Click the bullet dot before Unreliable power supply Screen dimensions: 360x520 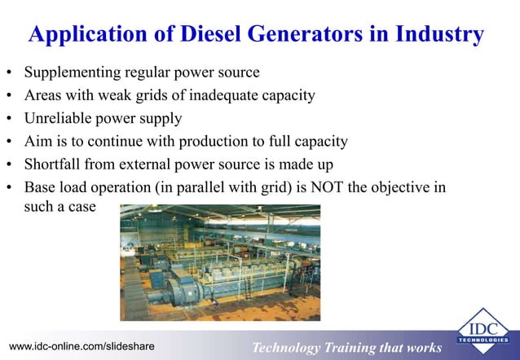(x=11, y=119)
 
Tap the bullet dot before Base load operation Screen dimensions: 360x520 (x=11, y=187)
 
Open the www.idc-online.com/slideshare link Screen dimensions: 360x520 (x=82, y=348)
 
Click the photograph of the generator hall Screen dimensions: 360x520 (x=220, y=261)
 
